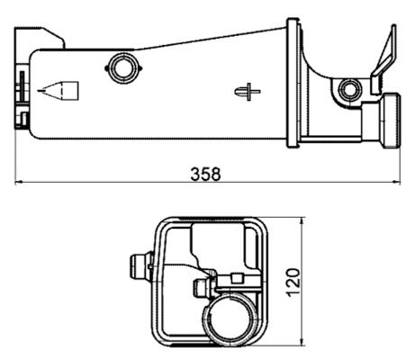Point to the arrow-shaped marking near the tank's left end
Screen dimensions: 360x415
pos(61,90)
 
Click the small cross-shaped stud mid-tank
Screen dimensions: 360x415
pos(248,91)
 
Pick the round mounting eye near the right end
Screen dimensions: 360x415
pos(349,89)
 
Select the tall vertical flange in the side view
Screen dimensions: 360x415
pos(293,81)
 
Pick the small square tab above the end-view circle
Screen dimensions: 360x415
pos(239,279)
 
